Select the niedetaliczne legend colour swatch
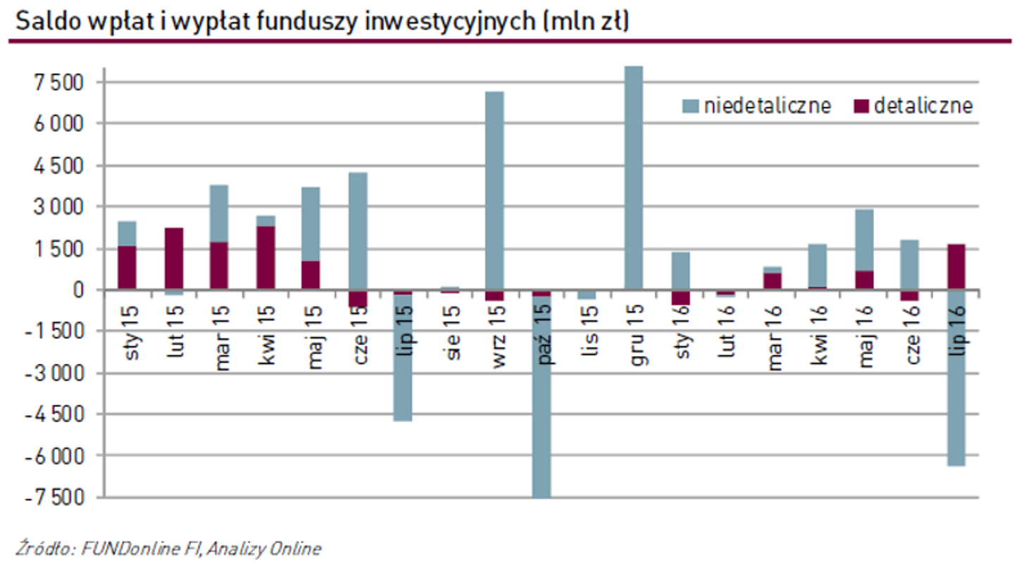click(691, 106)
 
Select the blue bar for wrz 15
click(494, 190)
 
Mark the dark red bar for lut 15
click(175, 258)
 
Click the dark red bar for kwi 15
click(266, 258)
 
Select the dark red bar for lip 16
click(955, 267)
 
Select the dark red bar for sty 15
click(127, 267)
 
